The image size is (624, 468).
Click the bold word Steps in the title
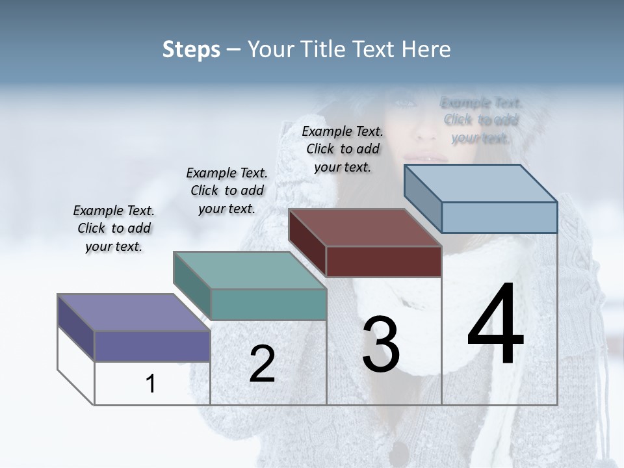191,49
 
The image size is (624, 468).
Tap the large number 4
495,325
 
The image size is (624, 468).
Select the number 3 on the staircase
381,345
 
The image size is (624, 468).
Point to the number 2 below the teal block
262,364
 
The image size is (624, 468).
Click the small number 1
151,384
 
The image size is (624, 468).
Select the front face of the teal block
268,304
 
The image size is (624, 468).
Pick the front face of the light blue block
499,217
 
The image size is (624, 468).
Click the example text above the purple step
114,229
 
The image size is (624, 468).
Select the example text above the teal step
227,190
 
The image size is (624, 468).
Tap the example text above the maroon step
343,149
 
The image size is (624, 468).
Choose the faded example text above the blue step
481,120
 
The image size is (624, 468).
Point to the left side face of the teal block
192,285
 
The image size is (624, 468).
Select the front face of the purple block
152,346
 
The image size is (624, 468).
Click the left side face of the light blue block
422,198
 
